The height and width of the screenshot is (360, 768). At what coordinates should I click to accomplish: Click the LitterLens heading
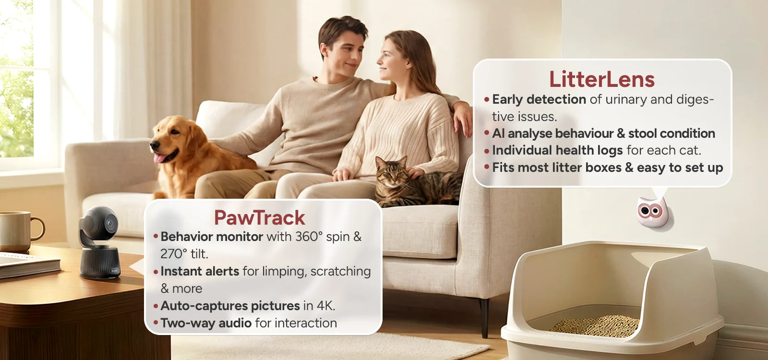click(602, 80)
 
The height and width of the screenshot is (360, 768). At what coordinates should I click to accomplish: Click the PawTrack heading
click(260, 218)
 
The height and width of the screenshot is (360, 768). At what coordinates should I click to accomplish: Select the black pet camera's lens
click(110, 224)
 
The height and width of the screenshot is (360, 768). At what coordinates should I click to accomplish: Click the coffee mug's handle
click(38, 228)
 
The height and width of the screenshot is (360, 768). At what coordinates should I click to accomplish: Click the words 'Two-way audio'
click(206, 324)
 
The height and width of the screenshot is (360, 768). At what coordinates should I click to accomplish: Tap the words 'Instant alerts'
click(200, 271)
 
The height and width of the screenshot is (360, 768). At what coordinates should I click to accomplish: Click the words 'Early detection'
click(539, 99)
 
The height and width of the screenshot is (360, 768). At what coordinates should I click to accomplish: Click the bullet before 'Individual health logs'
click(487, 151)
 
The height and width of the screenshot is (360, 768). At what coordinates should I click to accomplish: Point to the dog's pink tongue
click(160, 158)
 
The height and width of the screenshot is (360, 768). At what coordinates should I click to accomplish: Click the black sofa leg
click(484, 317)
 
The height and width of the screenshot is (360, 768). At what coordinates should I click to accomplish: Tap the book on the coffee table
click(29, 264)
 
